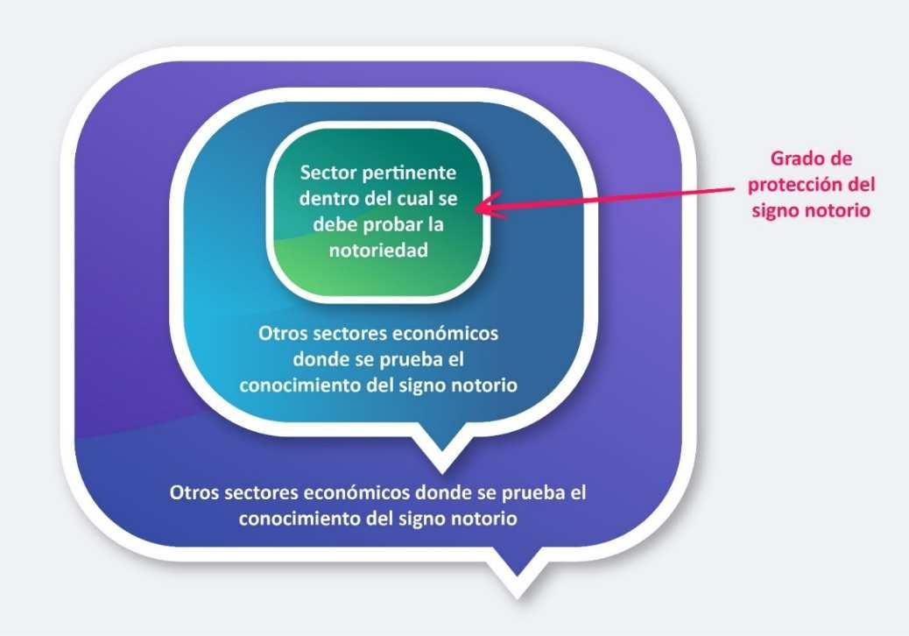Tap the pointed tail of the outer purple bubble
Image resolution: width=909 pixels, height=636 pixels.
pyautogui.click(x=516, y=585)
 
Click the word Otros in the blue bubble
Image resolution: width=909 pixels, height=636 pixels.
pyautogui.click(x=282, y=335)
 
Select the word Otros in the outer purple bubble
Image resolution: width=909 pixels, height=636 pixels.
pyautogui.click(x=194, y=491)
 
